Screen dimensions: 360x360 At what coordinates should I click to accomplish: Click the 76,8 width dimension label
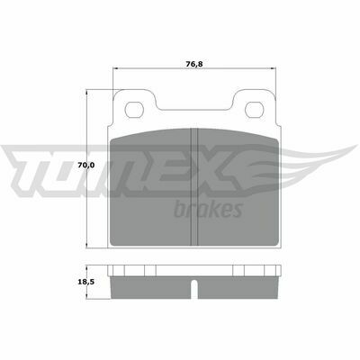[x=194, y=64]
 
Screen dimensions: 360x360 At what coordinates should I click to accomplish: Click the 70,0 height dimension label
[x=86, y=165]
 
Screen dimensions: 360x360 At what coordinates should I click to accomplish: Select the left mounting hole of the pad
[x=134, y=110]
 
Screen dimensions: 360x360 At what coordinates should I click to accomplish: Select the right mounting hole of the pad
[x=255, y=110]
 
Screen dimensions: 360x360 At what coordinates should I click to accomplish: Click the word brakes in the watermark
[x=208, y=209]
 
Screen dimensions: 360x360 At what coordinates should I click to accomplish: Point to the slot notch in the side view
[x=194, y=289]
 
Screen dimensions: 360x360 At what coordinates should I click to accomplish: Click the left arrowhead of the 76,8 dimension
[x=115, y=68]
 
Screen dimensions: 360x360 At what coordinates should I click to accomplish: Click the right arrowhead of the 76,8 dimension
[x=274, y=68]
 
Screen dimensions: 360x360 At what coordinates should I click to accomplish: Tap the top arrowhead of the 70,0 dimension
[x=86, y=93]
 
